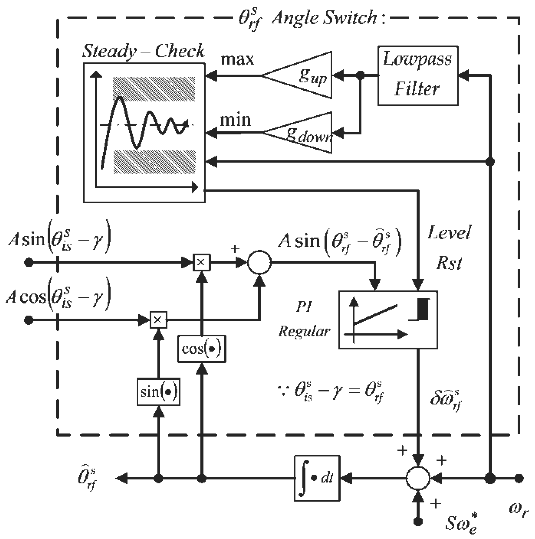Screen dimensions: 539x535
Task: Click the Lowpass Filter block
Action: tap(417, 76)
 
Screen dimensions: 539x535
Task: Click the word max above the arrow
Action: tap(237, 60)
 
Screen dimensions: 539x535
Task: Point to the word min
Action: tap(235, 120)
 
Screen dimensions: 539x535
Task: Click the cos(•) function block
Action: tap(202, 349)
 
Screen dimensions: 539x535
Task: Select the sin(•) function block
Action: tap(158, 392)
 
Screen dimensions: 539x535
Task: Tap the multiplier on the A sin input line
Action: tap(202, 262)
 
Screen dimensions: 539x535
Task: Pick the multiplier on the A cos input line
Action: tap(158, 319)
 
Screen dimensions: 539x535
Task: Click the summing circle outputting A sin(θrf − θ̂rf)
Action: tap(259, 262)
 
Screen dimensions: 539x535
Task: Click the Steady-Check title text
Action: tap(143, 51)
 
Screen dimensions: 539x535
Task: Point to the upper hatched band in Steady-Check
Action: tap(154, 89)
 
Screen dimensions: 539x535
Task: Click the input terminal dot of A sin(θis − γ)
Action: tap(28, 263)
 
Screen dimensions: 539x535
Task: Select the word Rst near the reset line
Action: tap(449, 263)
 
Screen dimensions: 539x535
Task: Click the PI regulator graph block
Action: tap(388, 320)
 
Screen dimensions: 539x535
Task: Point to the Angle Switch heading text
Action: tap(325, 18)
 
